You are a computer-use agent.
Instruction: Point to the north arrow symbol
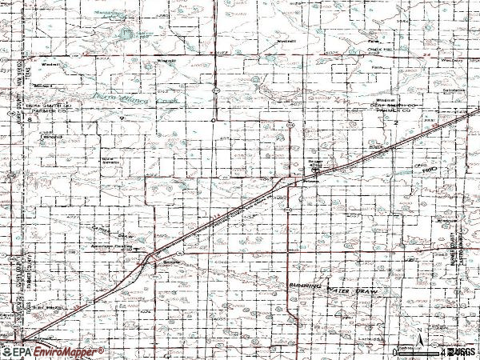pos(418,344)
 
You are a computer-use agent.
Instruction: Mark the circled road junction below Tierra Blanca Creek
pos(214,120)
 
